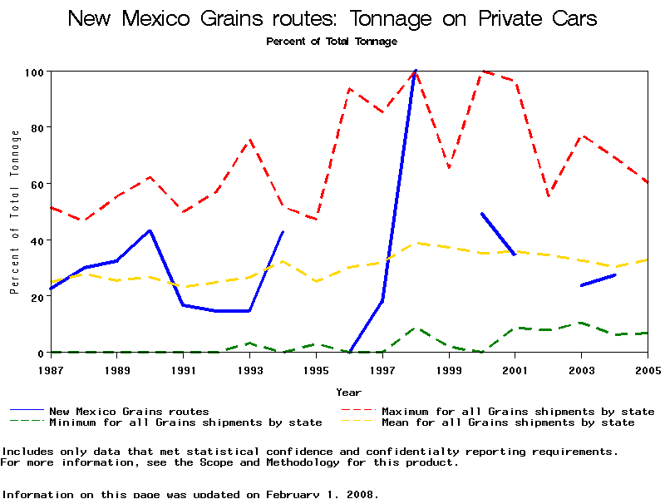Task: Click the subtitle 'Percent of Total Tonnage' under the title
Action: [x=332, y=41]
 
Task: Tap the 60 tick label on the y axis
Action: [x=37, y=184]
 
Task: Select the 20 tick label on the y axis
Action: [x=37, y=297]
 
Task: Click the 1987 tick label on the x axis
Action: [x=51, y=368]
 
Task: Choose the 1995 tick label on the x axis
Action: [x=316, y=368]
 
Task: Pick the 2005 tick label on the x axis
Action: [x=647, y=368]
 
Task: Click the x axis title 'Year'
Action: [x=348, y=392]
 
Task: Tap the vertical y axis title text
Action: [x=14, y=213]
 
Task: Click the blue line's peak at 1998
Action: [x=415, y=72]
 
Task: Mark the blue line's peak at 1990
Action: [x=150, y=230]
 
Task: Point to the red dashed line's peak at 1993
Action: [x=249, y=141]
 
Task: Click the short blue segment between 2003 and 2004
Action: [x=598, y=280]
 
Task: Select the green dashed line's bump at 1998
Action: [x=416, y=329]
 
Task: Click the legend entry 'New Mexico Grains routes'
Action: [x=129, y=411]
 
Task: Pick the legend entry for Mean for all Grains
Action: [x=507, y=422]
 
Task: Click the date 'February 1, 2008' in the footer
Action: [x=321, y=494]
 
